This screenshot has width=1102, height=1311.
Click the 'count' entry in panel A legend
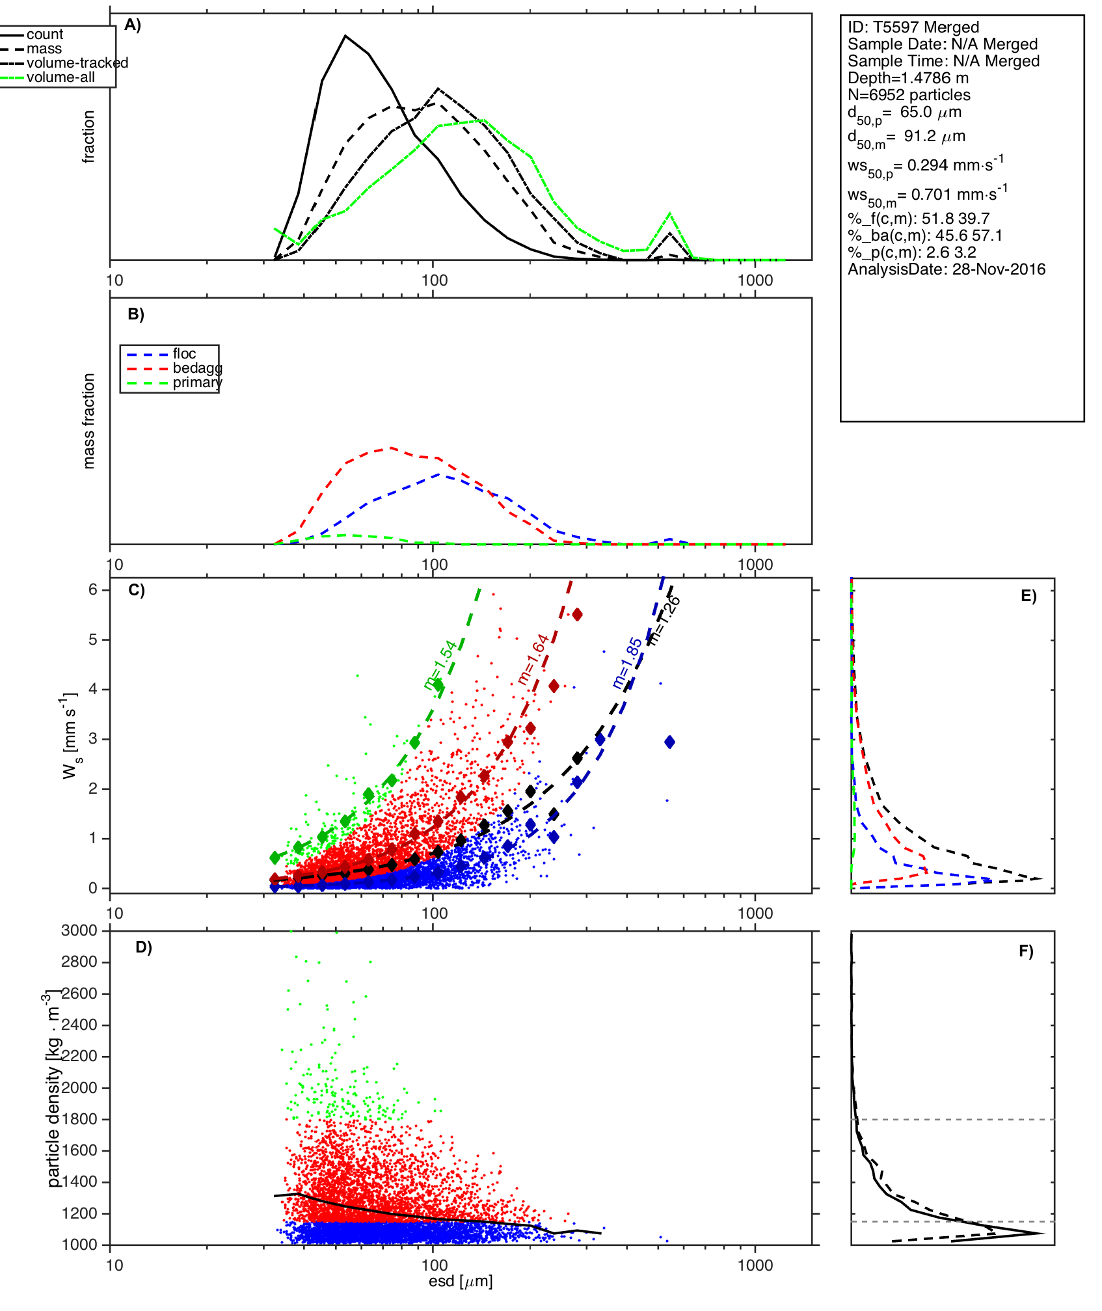tap(44, 34)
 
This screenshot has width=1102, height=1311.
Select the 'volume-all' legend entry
tap(60, 77)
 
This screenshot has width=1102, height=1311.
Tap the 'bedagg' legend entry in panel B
tap(197, 368)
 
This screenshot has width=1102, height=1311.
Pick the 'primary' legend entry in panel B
tap(197, 383)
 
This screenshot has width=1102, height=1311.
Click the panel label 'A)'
tap(133, 25)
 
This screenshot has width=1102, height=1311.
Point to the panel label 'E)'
tap(1028, 596)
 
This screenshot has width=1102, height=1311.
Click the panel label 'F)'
tap(1026, 951)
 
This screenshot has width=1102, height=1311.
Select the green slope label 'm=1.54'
tap(441, 665)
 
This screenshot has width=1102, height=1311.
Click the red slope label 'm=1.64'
tap(533, 659)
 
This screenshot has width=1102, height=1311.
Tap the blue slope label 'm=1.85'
tap(627, 663)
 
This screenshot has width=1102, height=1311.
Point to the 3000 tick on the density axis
tap(79, 930)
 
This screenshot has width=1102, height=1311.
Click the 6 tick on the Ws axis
tap(93, 589)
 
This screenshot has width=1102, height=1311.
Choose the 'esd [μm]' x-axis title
tap(461, 1282)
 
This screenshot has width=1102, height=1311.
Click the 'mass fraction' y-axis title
tap(89, 421)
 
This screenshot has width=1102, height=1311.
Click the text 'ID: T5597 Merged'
tap(913, 27)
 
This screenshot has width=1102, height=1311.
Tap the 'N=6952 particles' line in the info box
tap(909, 95)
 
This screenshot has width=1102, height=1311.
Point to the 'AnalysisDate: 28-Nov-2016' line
tap(947, 269)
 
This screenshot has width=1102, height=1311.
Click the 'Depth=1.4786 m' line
tap(908, 78)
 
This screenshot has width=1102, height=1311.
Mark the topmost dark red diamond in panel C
tap(577, 614)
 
